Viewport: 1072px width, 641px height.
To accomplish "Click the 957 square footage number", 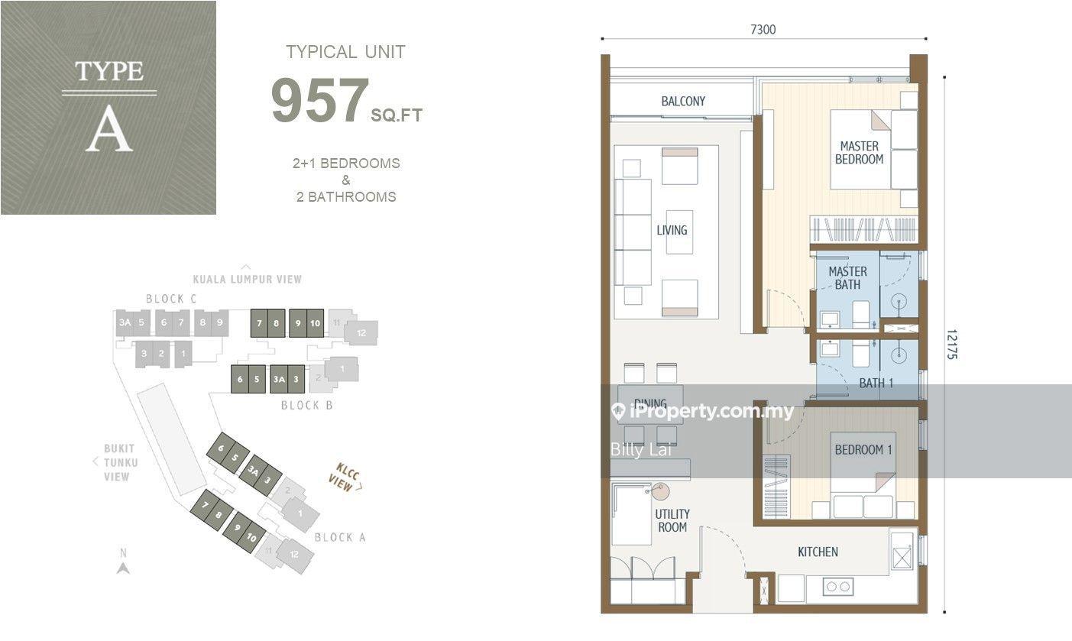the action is (x=319, y=100).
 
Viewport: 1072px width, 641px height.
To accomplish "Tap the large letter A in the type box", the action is (x=109, y=129).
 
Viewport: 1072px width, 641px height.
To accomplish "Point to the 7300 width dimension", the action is (x=763, y=30).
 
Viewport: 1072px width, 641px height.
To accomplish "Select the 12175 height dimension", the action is (x=951, y=344).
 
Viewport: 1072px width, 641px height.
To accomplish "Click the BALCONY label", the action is (x=683, y=102).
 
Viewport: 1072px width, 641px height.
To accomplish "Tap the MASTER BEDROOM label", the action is (x=859, y=153).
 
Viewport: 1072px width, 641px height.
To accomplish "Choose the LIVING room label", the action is (x=672, y=230).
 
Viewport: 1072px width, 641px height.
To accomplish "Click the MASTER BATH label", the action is (x=847, y=278).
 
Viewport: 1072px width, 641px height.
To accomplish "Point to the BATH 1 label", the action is (x=876, y=383).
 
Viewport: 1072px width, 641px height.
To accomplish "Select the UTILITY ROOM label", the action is (x=672, y=520).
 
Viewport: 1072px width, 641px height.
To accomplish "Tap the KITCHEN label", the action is (x=818, y=552).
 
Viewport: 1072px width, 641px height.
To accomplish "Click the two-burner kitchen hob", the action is (x=838, y=586).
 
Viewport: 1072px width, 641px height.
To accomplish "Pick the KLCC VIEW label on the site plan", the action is (x=345, y=477).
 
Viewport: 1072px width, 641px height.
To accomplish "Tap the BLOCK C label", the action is (x=171, y=299).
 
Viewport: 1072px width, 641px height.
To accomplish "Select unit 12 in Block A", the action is (x=294, y=555).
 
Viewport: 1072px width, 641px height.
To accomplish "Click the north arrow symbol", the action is (x=124, y=568).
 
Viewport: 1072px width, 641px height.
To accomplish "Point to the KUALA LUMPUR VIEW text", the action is (x=247, y=280).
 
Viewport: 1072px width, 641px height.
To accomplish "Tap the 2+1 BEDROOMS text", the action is (x=346, y=163).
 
